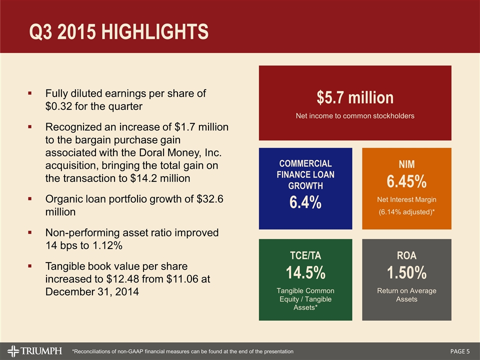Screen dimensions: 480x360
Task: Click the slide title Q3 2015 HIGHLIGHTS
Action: (119, 32)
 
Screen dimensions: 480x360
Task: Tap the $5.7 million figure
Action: (355, 97)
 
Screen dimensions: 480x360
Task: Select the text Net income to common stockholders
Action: (355, 115)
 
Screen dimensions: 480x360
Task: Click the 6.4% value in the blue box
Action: (305, 202)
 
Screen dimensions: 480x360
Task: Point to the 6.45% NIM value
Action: (406, 181)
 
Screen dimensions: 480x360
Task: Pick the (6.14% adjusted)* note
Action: (406, 212)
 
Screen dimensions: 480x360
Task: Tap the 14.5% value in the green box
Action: (305, 272)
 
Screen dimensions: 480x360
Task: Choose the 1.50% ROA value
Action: (406, 272)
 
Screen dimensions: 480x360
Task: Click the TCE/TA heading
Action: (305, 255)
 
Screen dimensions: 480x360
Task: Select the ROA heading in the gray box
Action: (406, 255)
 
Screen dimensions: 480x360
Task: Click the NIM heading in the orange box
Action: (406, 164)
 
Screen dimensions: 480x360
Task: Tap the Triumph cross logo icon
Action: (13, 351)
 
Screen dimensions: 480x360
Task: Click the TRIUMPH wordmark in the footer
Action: (41, 351)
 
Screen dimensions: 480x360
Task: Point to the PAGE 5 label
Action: (460, 351)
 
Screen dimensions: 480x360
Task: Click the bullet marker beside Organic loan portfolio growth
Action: (29, 198)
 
